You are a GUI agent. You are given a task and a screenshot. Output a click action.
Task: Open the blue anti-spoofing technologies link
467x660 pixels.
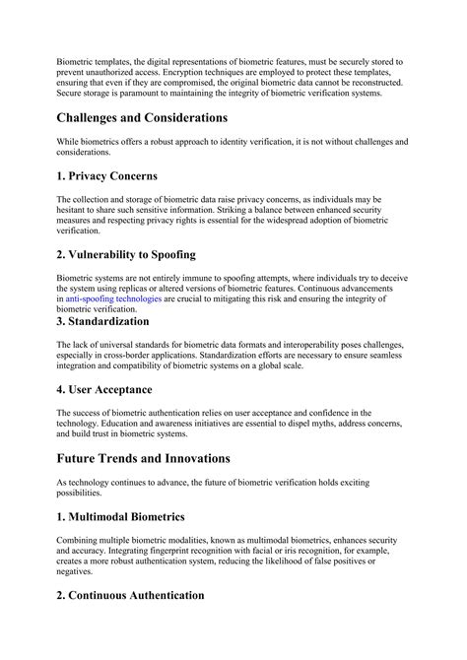click(x=113, y=297)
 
